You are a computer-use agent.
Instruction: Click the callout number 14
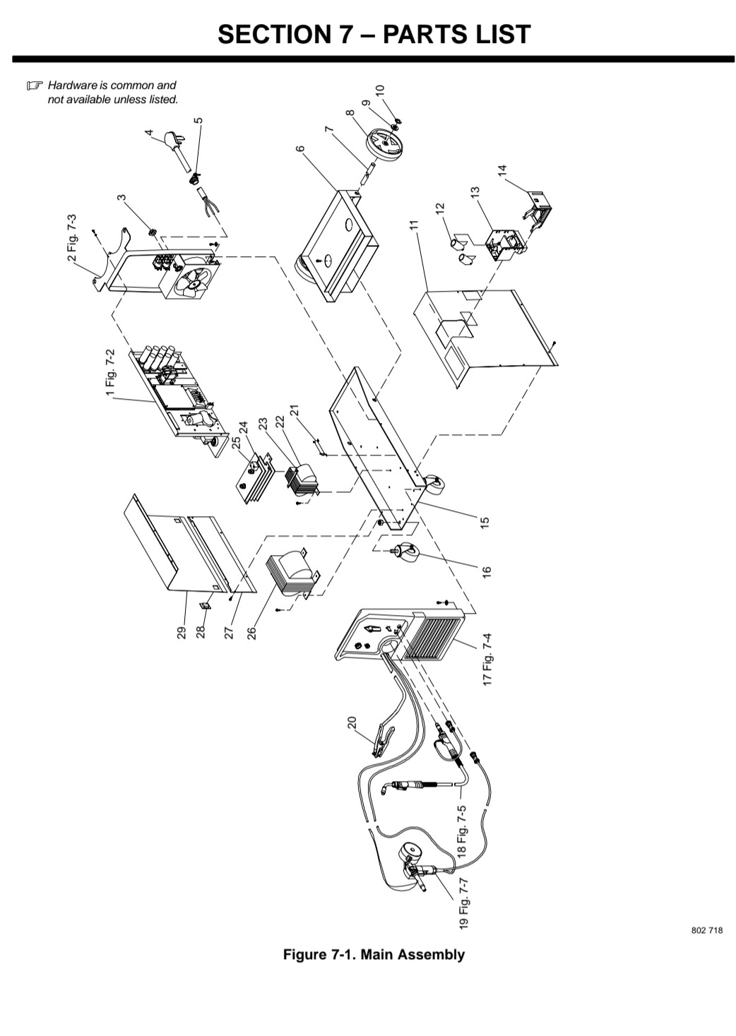click(x=502, y=169)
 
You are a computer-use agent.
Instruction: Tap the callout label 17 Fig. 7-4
click(x=487, y=660)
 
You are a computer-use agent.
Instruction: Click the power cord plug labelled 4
click(x=175, y=149)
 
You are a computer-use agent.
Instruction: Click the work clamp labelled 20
click(x=383, y=742)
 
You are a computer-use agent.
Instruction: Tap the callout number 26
click(x=251, y=633)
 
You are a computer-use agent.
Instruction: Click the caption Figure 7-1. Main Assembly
click(x=374, y=954)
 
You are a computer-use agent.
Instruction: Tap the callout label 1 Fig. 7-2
click(x=110, y=372)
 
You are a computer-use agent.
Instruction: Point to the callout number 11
click(x=414, y=225)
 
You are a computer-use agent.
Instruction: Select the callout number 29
click(x=181, y=632)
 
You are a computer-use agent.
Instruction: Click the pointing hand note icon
click(x=34, y=85)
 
